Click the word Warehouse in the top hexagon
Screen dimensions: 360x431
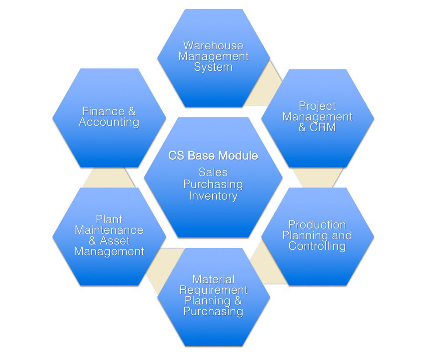pos(213,46)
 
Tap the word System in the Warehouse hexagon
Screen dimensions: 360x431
pos(213,68)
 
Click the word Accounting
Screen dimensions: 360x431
pos(109,122)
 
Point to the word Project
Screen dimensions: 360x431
pos(317,106)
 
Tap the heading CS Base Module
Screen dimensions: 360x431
pos(213,156)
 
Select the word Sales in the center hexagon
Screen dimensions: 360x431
pos(213,172)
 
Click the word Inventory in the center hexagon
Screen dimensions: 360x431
pos(213,196)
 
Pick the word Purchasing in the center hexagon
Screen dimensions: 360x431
pos(213,184)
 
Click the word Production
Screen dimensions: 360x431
pos(317,224)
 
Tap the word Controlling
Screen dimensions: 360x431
pos(317,246)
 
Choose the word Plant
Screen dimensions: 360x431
pos(109,219)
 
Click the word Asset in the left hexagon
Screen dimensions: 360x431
pos(115,241)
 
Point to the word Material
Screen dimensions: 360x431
pos(213,280)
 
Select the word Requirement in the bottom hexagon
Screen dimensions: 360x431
pos(213,290)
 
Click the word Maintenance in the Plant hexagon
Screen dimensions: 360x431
pos(109,230)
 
